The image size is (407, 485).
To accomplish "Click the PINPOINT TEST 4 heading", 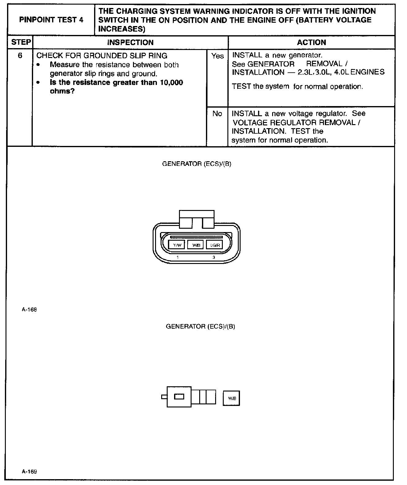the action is coord(51,20).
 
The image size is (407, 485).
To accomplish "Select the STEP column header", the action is coord(21,42).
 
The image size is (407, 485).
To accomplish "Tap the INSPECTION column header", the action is coord(130,43).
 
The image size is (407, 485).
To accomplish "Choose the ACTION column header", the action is coord(311,43).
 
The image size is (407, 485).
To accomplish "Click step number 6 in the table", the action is coord(20,56).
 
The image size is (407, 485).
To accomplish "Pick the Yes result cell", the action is coord(217,56).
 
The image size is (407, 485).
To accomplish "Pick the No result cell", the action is coord(217,114).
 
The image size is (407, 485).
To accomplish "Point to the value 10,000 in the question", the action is coord(171,82).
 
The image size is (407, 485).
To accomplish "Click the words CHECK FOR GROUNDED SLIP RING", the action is coord(102,56).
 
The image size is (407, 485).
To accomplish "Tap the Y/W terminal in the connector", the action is coord(177,245).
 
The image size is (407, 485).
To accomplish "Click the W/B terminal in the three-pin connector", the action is coord(196,245).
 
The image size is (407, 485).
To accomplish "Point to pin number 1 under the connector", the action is coord(178,258).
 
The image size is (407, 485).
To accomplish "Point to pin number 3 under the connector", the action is coord(214,258).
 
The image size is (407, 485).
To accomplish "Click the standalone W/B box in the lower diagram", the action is coord(231,398).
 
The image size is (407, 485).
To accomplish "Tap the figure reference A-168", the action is coord(29,310).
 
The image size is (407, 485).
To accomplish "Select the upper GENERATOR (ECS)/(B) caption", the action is coord(196,164).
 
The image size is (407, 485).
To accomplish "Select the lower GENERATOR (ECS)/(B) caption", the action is coord(200,327).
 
